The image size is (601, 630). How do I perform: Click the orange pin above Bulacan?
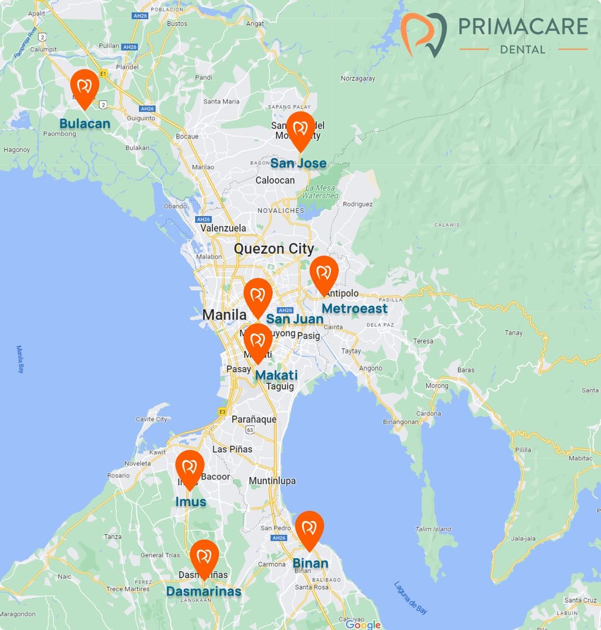point(85,87)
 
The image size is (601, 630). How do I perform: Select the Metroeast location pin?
point(324,274)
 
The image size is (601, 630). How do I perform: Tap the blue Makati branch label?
point(277,375)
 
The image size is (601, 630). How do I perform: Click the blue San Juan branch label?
point(294,319)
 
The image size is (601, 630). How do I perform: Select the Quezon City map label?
point(274,248)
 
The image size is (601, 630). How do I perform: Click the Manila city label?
point(224,315)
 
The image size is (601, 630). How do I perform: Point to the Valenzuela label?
point(223,228)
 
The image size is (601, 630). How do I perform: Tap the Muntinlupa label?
point(272,481)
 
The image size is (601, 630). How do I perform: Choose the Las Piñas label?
point(232,449)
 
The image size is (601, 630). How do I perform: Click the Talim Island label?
point(433,529)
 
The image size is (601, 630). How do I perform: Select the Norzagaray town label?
point(358,79)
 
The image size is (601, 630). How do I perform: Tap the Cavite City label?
point(151,419)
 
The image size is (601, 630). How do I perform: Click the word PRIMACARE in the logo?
point(523,27)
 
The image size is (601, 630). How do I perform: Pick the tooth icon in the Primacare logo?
point(423,35)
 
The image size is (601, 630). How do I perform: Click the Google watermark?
point(363,624)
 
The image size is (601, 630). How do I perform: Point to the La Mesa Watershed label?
point(321,192)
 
